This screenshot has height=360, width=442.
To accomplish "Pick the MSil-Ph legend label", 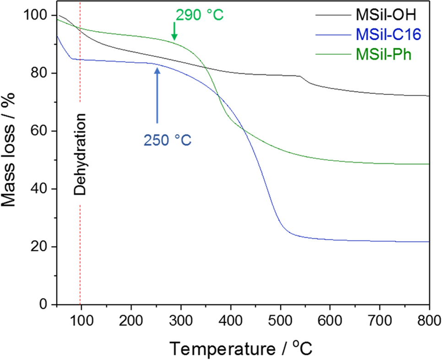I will coord(383,55).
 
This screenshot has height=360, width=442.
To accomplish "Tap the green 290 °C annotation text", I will coord(200,15).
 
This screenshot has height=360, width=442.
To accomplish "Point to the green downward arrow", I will coord(174,33).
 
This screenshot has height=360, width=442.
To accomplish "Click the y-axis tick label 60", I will coord(40,131).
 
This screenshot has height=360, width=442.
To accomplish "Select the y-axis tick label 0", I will coord(45,305).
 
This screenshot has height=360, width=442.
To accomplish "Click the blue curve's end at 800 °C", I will coord(429,241).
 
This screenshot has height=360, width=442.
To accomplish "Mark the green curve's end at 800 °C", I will coord(429,164).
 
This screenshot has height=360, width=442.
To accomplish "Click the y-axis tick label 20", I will coord(40,247).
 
